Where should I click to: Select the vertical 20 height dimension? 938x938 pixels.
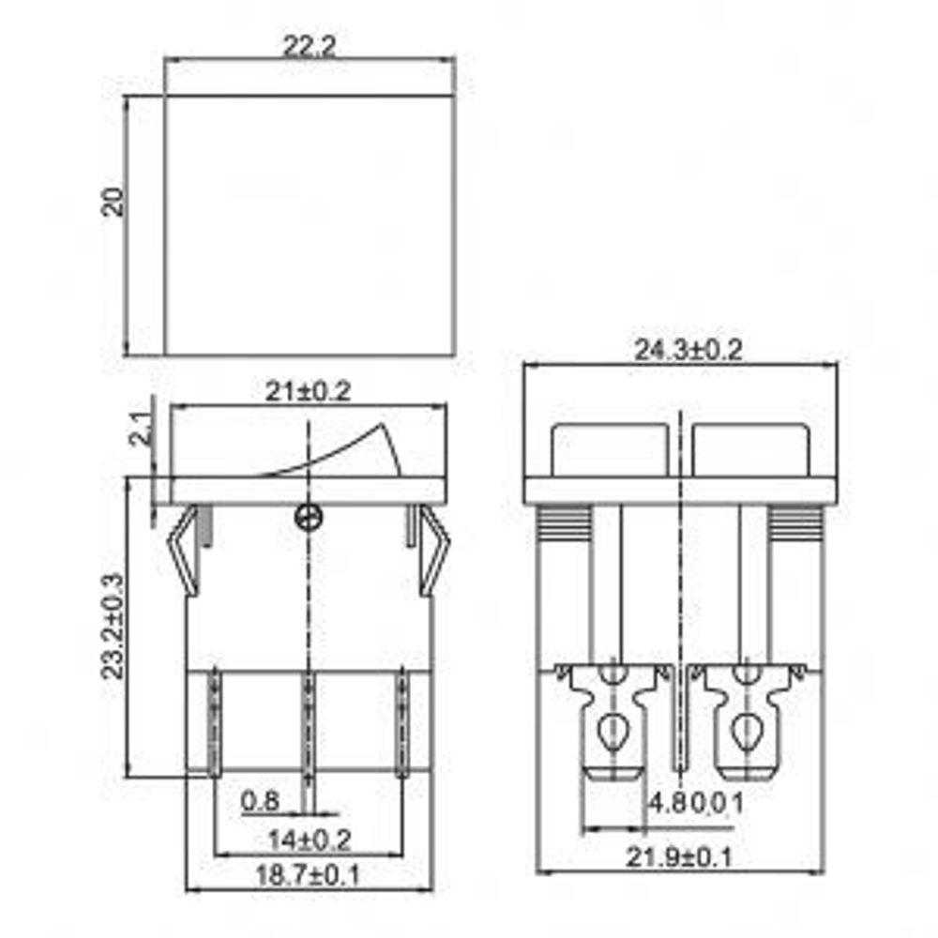[113, 203]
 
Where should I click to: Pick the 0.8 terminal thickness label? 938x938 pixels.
[259, 802]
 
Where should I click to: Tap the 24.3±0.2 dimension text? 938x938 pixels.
[688, 351]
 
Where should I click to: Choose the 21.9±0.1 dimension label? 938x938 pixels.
[683, 857]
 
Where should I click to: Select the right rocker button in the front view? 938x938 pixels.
[750, 449]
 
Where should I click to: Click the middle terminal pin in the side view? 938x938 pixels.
[307, 722]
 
